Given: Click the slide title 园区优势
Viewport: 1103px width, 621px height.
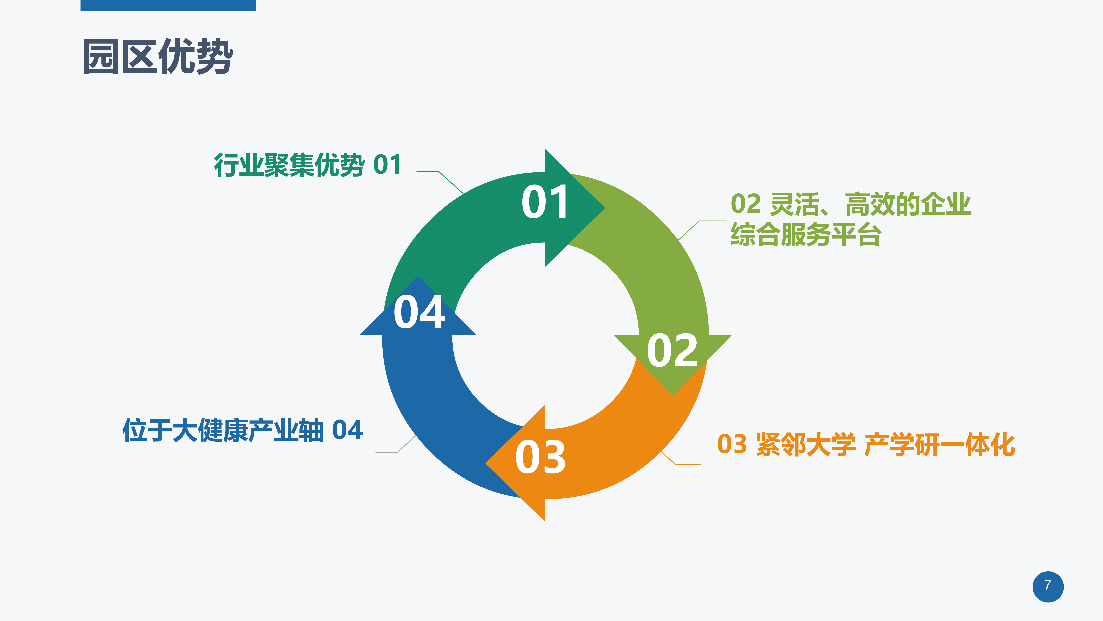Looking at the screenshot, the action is pos(158,56).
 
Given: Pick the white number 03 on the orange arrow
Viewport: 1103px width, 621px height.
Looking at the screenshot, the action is pos(540,457).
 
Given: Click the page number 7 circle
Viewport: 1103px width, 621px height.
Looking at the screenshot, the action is pos(1048,586).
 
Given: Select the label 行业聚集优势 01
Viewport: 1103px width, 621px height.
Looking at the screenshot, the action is pos(307,165).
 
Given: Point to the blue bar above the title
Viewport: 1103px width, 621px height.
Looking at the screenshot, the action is pos(168,6).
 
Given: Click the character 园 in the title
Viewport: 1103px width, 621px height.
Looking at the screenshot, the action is pos(101,56).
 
